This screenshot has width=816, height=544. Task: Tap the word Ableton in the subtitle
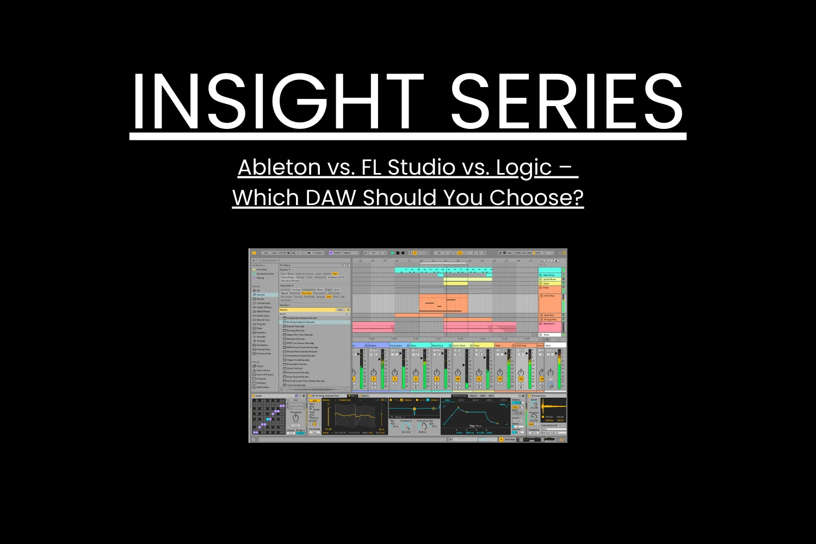tap(279, 167)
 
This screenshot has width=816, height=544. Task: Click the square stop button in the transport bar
tap(398, 253)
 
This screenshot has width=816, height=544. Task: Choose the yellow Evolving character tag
tap(307, 293)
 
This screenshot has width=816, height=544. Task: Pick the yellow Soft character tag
tap(329, 297)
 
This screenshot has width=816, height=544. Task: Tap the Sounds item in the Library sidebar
tap(261, 295)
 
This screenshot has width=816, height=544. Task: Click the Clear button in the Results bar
tap(341, 310)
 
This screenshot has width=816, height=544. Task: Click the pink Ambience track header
tap(549, 324)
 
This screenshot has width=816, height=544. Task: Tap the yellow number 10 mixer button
tap(458, 379)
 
